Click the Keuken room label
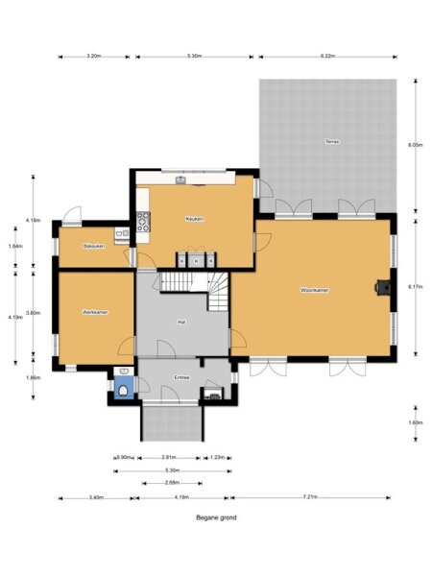pyautogui.click(x=195, y=219)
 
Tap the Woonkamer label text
pyautogui.click(x=315, y=289)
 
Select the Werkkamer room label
pyautogui.click(x=94, y=312)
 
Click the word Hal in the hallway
pyautogui.click(x=181, y=322)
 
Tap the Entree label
pyautogui.click(x=181, y=377)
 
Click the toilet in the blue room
pyautogui.click(x=123, y=389)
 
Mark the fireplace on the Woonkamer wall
pyautogui.click(x=384, y=285)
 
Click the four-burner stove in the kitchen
pyautogui.click(x=144, y=224)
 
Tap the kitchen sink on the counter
pyautogui.click(x=180, y=178)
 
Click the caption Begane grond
pyautogui.click(x=216, y=516)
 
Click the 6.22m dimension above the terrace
pyautogui.click(x=326, y=56)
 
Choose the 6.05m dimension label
pyautogui.click(x=415, y=145)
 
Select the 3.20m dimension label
pyautogui.click(x=94, y=56)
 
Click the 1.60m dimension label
pyautogui.click(x=415, y=422)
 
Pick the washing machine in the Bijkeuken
pyautogui.click(x=123, y=233)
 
